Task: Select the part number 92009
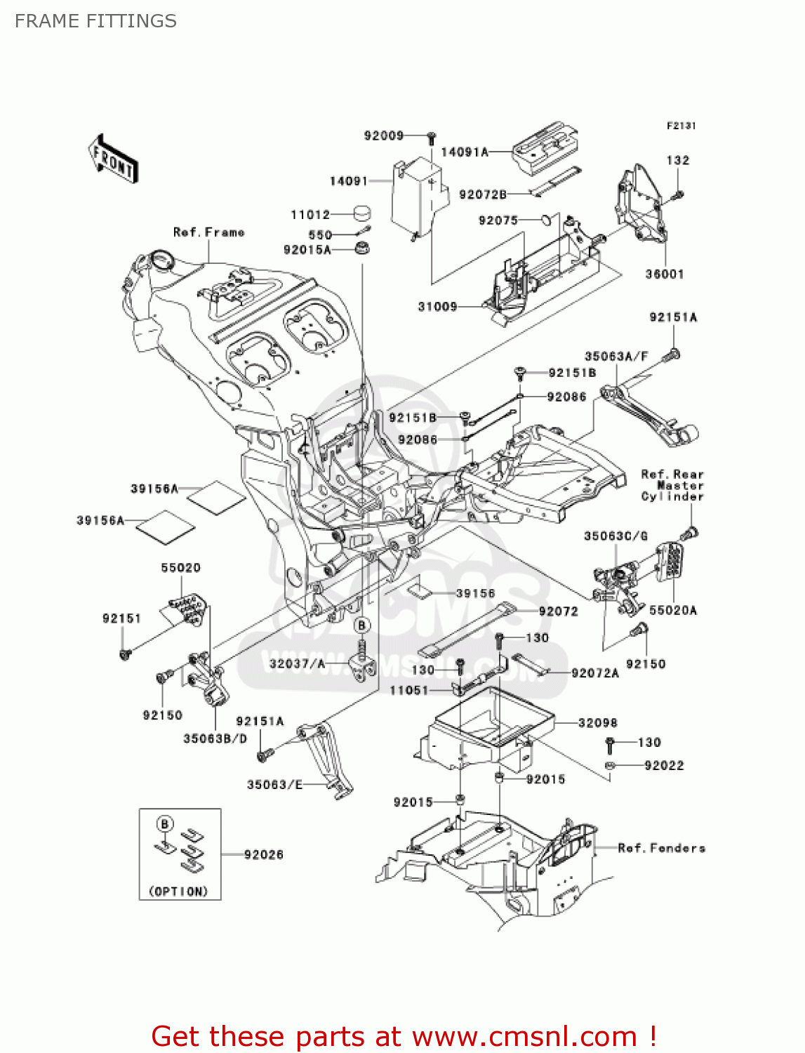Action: coord(383,135)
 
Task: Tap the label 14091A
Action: coord(464,152)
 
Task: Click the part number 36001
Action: coord(665,274)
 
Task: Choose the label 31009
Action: coord(437,306)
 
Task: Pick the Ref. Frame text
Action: coord(208,232)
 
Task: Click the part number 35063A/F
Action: coord(616,357)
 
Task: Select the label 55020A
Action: coord(673,610)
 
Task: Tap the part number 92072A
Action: coord(595,673)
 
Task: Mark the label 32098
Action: coord(598,722)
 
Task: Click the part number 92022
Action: coord(664,765)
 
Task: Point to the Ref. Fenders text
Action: coord(661,848)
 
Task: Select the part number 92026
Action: coord(264,854)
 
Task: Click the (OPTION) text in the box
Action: coord(178,891)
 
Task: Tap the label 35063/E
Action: coord(274,784)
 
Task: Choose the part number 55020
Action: coord(180,567)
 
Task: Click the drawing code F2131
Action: coord(681,126)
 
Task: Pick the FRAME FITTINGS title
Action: coord(95,21)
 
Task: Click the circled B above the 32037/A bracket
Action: coord(361,625)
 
